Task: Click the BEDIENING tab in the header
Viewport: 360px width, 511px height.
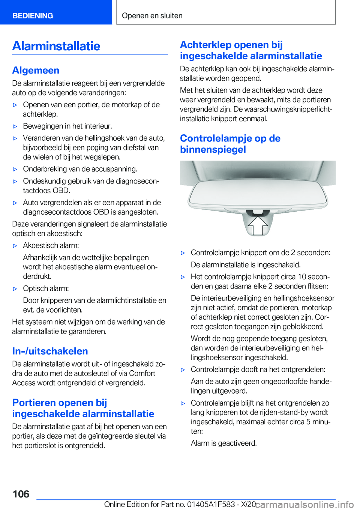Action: tap(33, 16)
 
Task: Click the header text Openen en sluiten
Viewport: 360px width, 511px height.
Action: tap(152, 16)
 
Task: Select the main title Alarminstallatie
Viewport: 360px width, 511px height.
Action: tap(56, 46)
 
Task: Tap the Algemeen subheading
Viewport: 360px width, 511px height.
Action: tap(36, 70)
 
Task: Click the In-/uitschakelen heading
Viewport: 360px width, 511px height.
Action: tap(50, 351)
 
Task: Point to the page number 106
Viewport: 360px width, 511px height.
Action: tap(21, 494)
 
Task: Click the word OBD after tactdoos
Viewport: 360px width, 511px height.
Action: tap(61, 191)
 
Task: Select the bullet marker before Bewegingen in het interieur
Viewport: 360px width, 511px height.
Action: tap(15, 126)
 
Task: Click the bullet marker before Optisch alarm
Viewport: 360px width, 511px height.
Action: tap(15, 289)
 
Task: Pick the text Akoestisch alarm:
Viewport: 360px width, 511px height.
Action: tap(51, 245)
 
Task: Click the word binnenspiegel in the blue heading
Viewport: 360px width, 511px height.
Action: tap(213, 149)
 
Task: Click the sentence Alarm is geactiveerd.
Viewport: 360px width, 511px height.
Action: tap(224, 443)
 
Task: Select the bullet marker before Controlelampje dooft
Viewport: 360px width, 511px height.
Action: tap(183, 370)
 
